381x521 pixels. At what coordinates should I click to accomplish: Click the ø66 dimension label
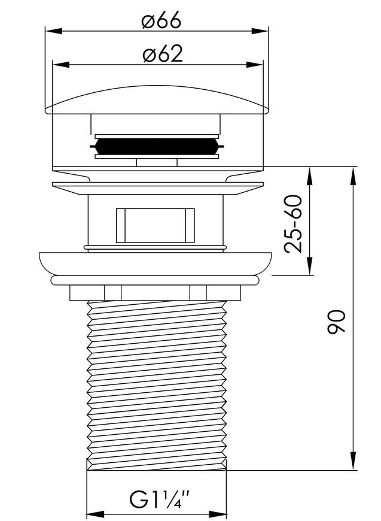click(161, 20)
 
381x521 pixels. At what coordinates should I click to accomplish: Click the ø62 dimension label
click(163, 53)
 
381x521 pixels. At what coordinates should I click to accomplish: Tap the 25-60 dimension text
click(294, 225)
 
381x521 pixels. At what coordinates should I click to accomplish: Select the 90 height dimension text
click(336, 322)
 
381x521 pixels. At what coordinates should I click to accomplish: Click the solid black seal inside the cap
click(157, 147)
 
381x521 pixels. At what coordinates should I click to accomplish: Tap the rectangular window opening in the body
click(156, 226)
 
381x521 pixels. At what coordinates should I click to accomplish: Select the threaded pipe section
click(157, 386)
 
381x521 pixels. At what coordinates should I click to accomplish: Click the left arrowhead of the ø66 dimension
click(53, 31)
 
